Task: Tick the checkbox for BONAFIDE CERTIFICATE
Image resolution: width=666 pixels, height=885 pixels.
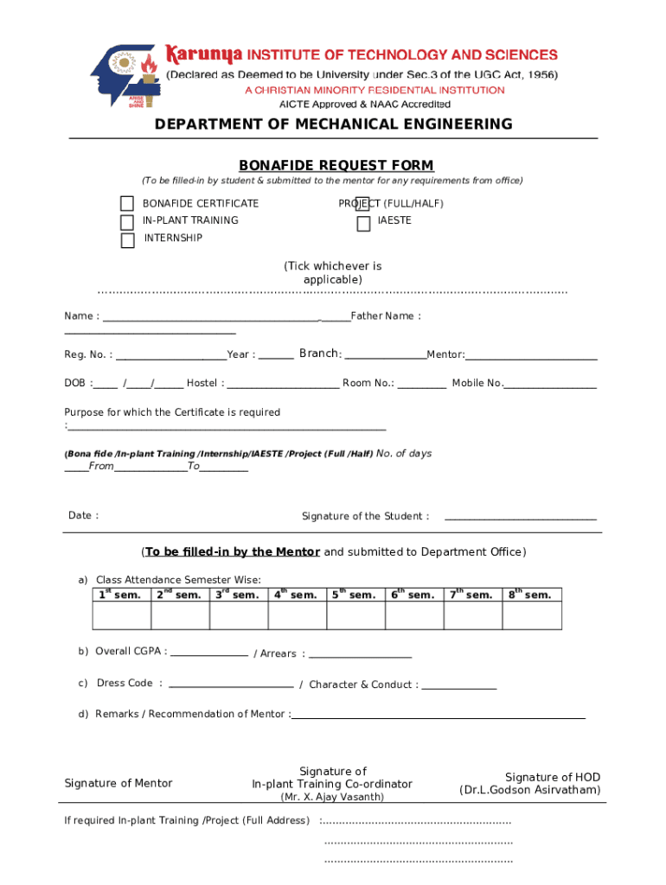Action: click(127, 204)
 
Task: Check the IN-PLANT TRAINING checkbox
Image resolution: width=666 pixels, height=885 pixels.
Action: click(127, 222)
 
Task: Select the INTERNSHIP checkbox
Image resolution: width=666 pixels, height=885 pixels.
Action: click(127, 240)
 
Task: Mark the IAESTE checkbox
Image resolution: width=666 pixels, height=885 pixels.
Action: click(364, 224)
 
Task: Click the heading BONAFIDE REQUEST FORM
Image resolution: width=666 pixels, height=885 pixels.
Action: click(336, 165)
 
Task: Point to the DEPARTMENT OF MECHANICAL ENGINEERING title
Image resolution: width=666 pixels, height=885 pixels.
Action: click(333, 124)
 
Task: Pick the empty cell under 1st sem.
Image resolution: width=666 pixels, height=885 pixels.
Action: click(121, 615)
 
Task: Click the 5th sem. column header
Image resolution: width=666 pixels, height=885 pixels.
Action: click(355, 595)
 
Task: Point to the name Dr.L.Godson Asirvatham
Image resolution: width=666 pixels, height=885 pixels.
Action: click(529, 790)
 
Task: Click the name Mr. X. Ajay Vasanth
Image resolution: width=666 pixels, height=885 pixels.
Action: click(332, 797)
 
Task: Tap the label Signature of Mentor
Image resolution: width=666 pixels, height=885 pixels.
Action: click(118, 783)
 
